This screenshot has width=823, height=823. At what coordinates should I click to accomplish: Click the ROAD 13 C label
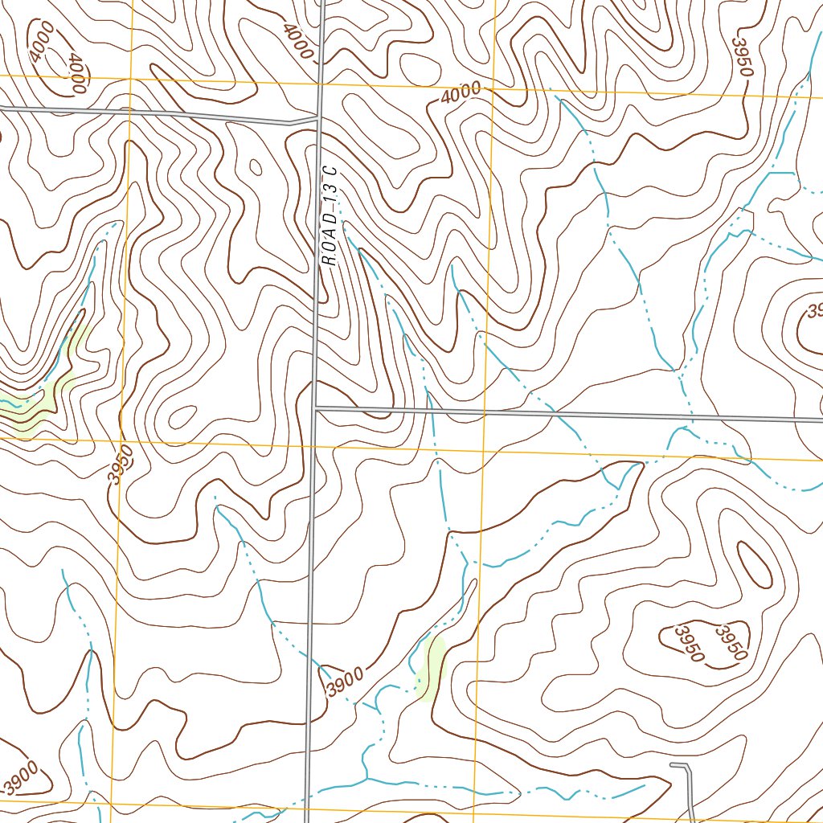[330, 217]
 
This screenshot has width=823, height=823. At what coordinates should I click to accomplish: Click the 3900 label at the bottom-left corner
[20, 778]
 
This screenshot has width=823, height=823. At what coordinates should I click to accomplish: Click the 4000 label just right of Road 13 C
[461, 93]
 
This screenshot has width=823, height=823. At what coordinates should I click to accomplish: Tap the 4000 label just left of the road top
[297, 40]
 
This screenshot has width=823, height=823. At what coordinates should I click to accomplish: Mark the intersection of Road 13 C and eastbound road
[316, 408]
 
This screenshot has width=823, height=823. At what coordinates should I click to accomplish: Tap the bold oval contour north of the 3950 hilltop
[755, 563]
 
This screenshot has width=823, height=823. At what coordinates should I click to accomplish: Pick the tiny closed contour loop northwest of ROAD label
[256, 167]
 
